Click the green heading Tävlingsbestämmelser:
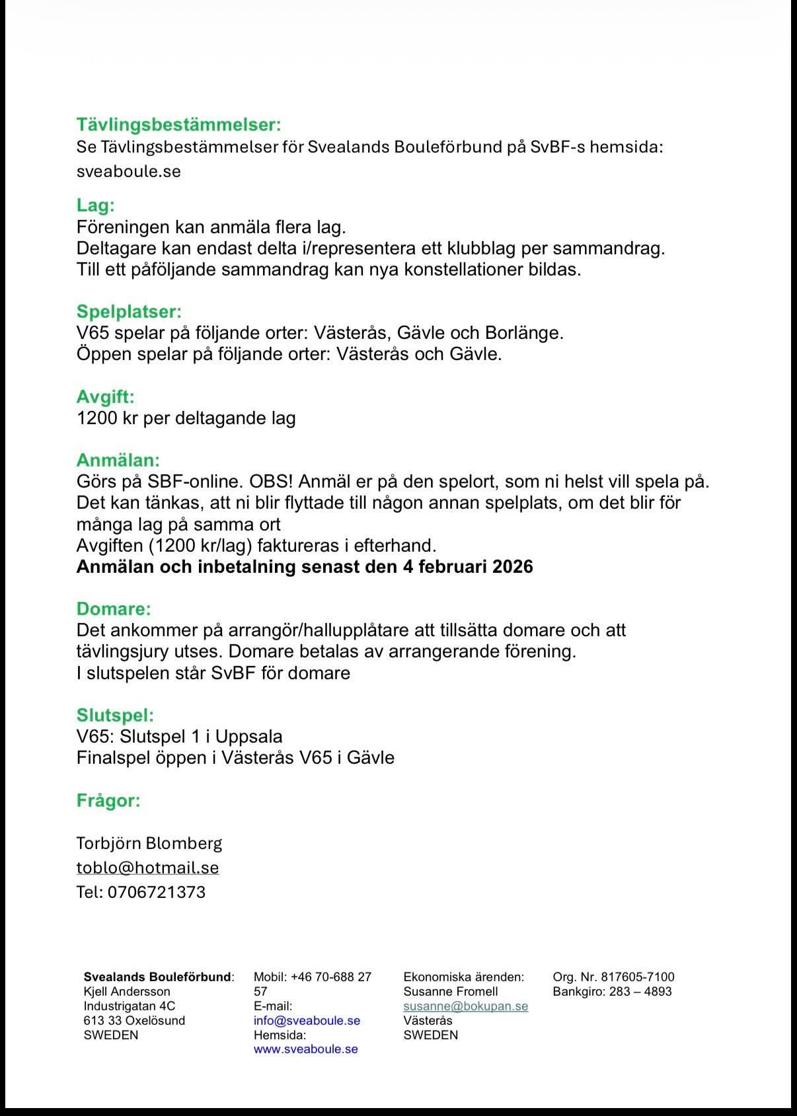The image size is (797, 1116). (178, 124)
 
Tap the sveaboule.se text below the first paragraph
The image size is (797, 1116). (128, 171)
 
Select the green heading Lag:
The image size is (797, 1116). (95, 205)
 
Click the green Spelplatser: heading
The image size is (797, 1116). (129, 311)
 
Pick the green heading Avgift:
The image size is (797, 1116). (105, 396)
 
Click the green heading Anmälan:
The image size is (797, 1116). (118, 460)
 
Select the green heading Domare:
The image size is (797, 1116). (114, 609)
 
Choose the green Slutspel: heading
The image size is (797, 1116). (115, 715)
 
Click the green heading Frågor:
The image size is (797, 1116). (108, 800)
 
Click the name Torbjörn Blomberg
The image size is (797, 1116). (149, 843)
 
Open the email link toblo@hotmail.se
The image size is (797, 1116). (147, 868)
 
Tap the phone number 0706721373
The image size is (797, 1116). (156, 892)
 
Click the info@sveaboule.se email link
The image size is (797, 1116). (307, 1020)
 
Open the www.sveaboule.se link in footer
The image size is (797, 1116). (305, 1049)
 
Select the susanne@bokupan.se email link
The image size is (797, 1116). (465, 1006)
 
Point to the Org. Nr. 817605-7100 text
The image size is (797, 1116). (613, 977)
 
